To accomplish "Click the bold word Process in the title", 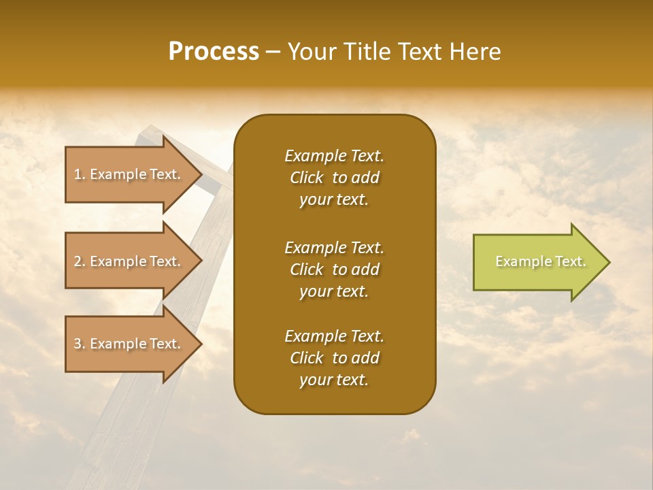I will click(214, 52).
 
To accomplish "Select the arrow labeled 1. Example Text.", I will click(129, 174).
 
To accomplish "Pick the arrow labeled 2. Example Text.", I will click(129, 261).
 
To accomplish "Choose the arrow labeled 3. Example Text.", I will click(129, 344).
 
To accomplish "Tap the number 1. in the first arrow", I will click(80, 174).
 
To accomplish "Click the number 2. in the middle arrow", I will click(80, 261).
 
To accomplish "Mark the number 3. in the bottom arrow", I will click(80, 344).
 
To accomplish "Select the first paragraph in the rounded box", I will click(334, 178).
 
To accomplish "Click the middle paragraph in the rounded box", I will click(334, 269).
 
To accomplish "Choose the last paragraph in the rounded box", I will click(334, 358).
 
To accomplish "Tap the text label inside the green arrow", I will click(540, 261).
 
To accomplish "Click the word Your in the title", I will click(312, 52).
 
